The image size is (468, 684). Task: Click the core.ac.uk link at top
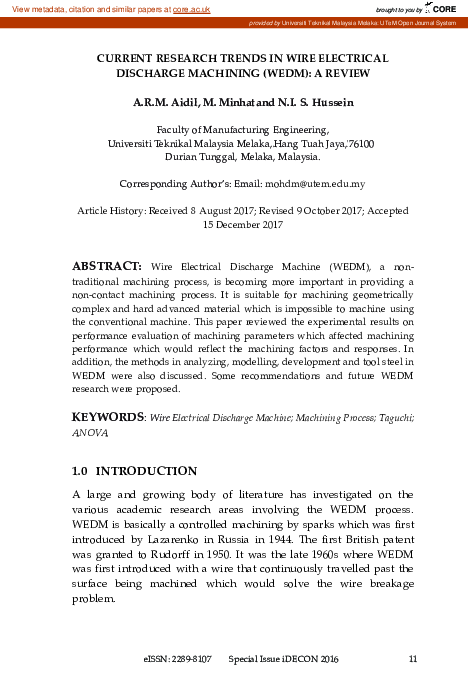click(191, 8)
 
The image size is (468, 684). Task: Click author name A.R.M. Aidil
click(166, 103)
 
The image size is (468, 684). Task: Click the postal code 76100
click(359, 143)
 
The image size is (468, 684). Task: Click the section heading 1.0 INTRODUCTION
click(134, 470)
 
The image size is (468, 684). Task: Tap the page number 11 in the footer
click(413, 659)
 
